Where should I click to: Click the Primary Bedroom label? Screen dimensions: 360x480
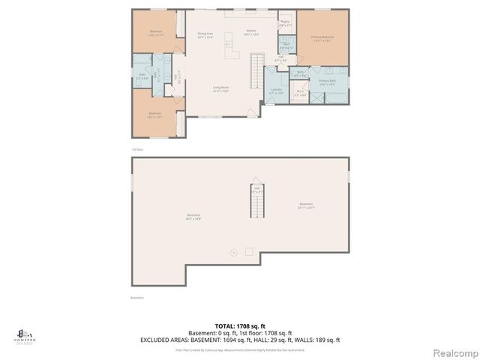click(x=322, y=37)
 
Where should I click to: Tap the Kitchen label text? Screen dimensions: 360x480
click(x=251, y=32)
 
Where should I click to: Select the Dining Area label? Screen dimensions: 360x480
click(x=206, y=34)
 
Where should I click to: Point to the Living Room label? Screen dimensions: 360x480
click(x=220, y=89)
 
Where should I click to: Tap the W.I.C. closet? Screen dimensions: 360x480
click(x=300, y=94)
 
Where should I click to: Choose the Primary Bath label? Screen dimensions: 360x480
click(x=328, y=82)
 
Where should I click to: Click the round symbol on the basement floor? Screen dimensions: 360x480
click(x=233, y=253)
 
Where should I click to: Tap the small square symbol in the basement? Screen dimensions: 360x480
click(x=249, y=251)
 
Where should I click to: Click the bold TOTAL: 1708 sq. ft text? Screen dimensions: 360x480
click(x=240, y=326)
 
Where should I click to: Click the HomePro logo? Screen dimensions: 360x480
click(x=24, y=335)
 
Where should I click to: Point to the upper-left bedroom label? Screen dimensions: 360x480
click(x=156, y=34)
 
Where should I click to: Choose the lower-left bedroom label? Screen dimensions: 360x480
click(x=156, y=115)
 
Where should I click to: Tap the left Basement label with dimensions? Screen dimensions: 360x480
click(x=194, y=217)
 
